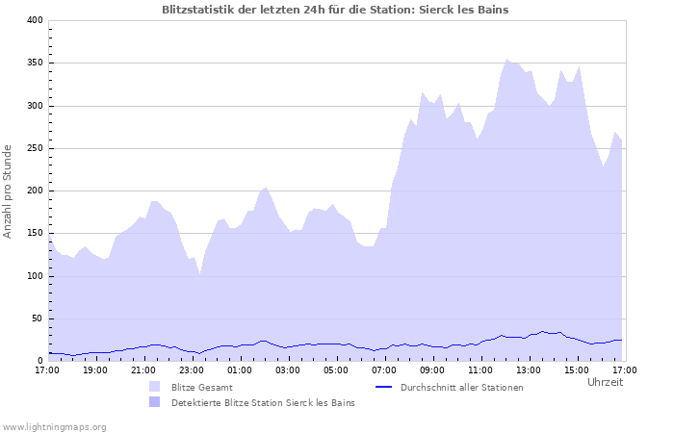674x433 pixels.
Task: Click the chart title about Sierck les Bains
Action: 335,10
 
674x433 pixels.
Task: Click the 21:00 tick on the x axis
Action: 143,369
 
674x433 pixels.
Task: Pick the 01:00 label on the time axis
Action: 239,369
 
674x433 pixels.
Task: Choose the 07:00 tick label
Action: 383,369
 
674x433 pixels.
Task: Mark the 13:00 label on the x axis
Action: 528,369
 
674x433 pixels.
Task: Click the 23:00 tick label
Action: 191,369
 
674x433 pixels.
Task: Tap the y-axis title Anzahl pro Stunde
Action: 9,191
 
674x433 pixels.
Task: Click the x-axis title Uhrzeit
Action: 605,382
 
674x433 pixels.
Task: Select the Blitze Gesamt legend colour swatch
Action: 154,387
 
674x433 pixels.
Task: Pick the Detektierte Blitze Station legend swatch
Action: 154,402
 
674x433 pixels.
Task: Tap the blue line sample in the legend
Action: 383,387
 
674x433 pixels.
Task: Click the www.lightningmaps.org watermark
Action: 54,426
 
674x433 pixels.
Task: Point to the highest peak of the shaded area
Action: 507,60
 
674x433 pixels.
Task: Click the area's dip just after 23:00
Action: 199,274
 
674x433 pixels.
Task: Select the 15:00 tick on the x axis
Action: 576,369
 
